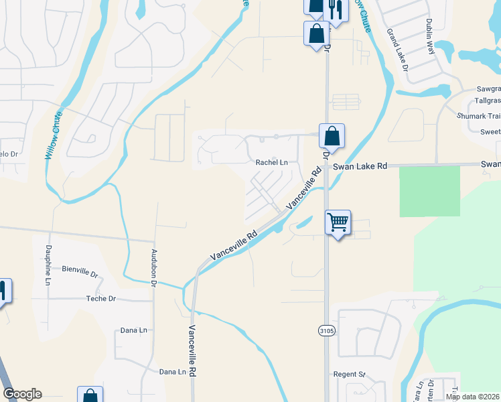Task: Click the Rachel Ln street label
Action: [271, 162]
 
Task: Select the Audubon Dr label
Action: [153, 265]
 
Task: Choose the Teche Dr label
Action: [101, 299]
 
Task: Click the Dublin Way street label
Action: [429, 37]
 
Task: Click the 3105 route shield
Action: [326, 330]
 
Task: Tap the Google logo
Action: [22, 394]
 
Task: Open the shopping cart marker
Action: [338, 222]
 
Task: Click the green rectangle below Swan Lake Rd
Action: [429, 192]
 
